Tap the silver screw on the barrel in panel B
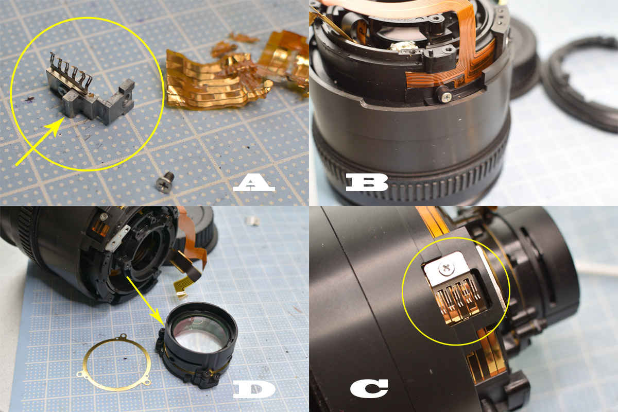click(x=446, y=95)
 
